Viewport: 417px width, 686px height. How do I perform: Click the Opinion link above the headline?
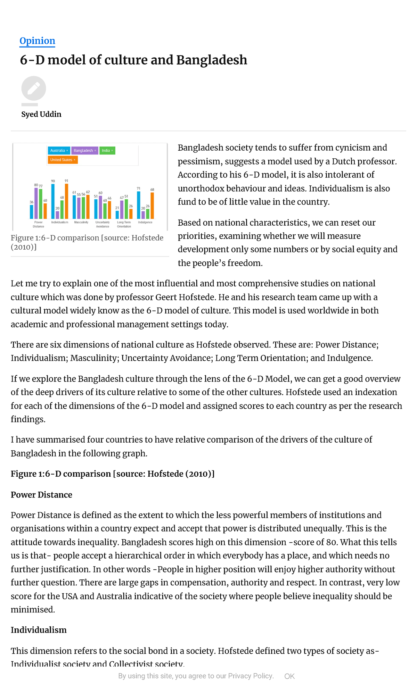click(37, 41)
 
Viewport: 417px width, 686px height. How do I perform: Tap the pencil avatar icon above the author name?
click(34, 88)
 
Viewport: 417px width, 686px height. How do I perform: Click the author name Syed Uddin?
click(41, 114)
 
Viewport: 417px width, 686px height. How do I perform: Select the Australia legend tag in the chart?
click(59, 150)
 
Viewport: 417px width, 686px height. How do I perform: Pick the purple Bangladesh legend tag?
click(84, 150)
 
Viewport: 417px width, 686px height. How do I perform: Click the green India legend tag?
click(107, 150)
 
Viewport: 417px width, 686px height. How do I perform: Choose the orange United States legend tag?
click(62, 160)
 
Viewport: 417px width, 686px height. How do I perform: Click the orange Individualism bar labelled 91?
click(66, 201)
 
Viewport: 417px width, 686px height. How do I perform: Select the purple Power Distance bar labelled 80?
click(36, 204)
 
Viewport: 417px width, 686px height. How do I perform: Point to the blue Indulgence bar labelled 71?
click(139, 206)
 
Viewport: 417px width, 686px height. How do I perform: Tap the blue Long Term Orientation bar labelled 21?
click(117, 215)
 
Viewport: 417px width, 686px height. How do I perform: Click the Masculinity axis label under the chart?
click(81, 222)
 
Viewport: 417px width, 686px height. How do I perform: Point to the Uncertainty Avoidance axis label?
click(103, 224)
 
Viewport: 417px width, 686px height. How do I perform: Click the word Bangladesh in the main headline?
click(212, 60)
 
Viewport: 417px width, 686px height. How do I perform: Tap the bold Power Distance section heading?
click(41, 495)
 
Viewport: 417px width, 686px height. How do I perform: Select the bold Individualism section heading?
click(39, 630)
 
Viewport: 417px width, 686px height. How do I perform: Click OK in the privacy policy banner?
click(289, 676)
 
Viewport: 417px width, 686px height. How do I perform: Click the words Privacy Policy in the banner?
click(250, 676)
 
